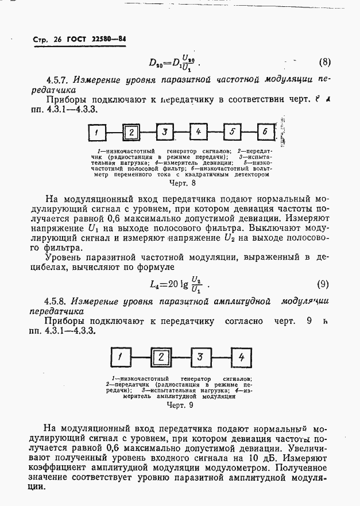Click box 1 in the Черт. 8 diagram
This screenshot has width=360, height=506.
point(98,133)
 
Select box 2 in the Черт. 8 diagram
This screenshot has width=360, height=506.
point(131,133)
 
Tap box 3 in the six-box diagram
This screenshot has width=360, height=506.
point(164,133)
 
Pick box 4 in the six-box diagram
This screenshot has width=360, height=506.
point(198,132)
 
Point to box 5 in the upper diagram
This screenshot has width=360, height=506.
point(232,132)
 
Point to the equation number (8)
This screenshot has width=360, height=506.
point(324,61)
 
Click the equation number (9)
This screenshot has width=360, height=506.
point(323,284)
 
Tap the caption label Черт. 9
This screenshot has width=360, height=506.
point(180,404)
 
